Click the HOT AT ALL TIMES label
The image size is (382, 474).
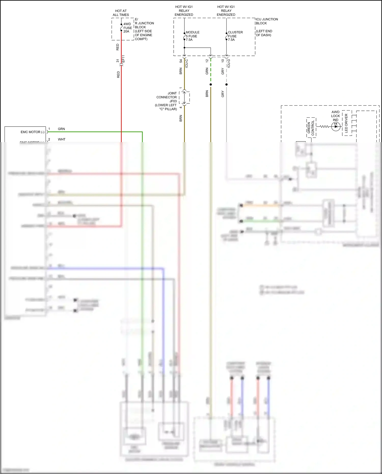point(121,13)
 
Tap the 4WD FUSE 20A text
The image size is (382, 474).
point(127,28)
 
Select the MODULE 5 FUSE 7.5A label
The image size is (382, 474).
point(192,36)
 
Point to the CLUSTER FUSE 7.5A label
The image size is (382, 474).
point(235,36)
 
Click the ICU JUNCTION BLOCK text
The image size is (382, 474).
point(267,21)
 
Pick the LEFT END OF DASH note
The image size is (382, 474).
point(264,33)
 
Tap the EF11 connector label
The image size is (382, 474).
point(124,59)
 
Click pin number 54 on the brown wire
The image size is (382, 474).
point(181,61)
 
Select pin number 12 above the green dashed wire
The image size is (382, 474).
point(207,61)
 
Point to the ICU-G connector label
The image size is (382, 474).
point(229,63)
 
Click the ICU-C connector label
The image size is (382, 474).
point(187,63)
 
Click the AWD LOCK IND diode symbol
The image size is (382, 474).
point(336,126)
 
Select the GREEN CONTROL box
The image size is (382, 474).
point(311,128)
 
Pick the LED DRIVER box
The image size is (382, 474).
point(346,123)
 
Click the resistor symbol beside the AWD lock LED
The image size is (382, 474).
point(324,126)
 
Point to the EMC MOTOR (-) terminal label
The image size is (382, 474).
point(32,132)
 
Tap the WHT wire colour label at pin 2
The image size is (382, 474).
point(62,139)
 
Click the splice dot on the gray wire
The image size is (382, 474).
point(226,85)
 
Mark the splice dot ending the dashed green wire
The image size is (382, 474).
point(211,85)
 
